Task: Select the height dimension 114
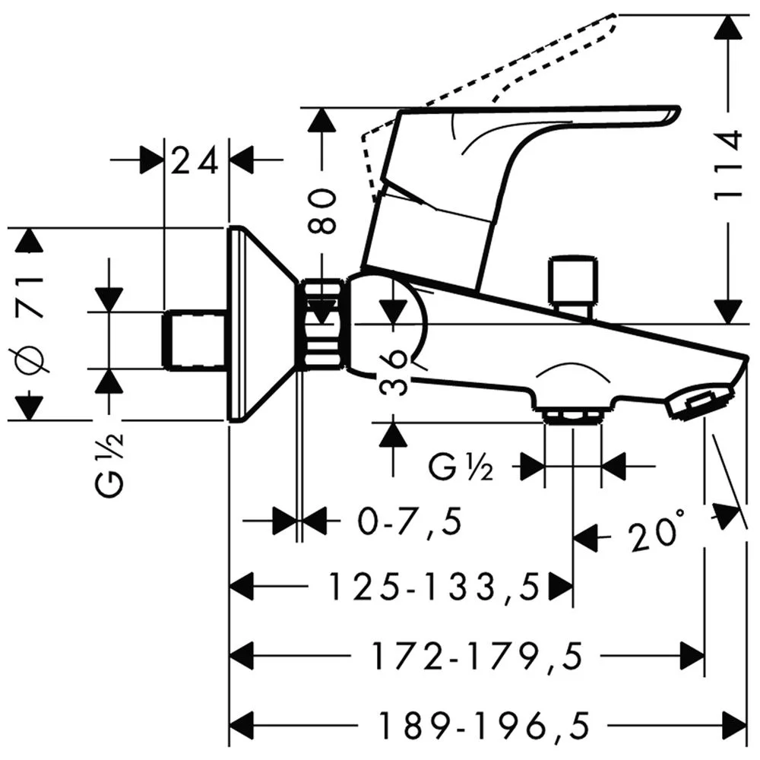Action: pos(728,165)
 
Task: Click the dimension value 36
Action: pos(393,372)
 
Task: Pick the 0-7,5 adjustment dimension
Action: pos(410,521)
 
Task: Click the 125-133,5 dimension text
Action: pos(434,587)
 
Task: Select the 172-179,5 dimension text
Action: pos(477,657)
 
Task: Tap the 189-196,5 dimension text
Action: pos(483,726)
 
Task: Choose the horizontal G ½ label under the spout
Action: pos(461,467)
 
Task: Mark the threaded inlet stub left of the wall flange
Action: pos(195,340)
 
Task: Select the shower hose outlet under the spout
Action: pos(573,416)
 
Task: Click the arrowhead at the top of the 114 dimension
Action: pos(728,28)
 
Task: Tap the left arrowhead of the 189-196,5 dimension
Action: pos(242,726)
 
